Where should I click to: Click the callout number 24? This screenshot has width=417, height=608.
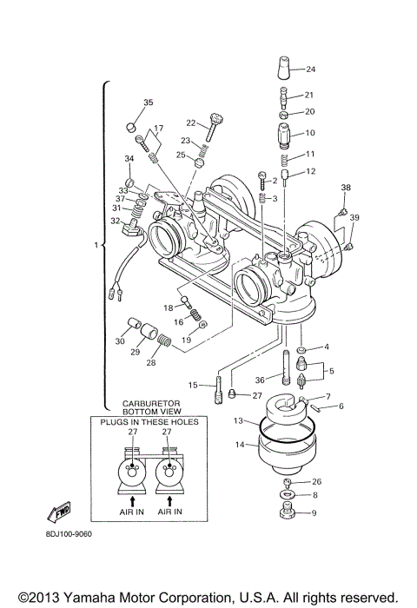tap(311, 69)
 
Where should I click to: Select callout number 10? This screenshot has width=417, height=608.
tap(310, 133)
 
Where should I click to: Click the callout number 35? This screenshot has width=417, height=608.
tap(148, 103)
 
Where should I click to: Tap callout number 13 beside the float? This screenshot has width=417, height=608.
tap(238, 420)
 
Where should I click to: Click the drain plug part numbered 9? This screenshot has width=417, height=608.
tap(289, 513)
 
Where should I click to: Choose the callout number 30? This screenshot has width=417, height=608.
tap(120, 341)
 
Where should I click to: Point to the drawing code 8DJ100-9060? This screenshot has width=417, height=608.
tap(67, 534)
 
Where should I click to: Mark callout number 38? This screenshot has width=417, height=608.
tap(346, 188)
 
